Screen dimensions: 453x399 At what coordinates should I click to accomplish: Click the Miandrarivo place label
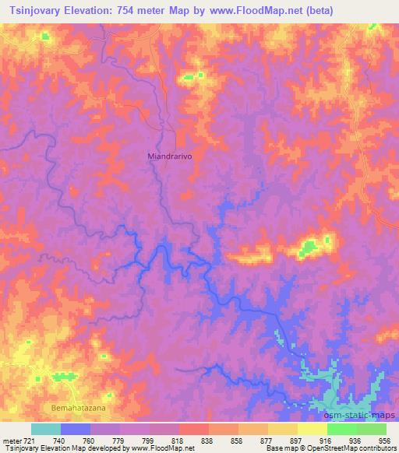170,156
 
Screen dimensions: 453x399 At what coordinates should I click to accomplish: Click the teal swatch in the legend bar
45,429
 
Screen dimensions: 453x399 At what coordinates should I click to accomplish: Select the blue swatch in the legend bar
75,429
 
